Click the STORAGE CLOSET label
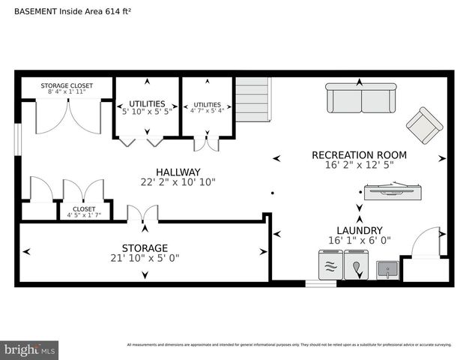tap(67, 86)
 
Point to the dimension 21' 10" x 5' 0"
tap(145, 258)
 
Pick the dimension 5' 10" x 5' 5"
tap(147, 110)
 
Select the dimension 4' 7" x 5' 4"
tap(207, 111)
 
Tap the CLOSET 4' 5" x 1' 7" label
tap(84, 213)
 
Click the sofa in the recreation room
tap(361, 98)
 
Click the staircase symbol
tap(252, 100)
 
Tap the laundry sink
tap(387, 268)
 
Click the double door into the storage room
tap(142, 214)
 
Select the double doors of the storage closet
tap(67, 116)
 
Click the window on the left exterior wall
tap(17, 143)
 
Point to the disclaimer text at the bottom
tap(288, 345)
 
